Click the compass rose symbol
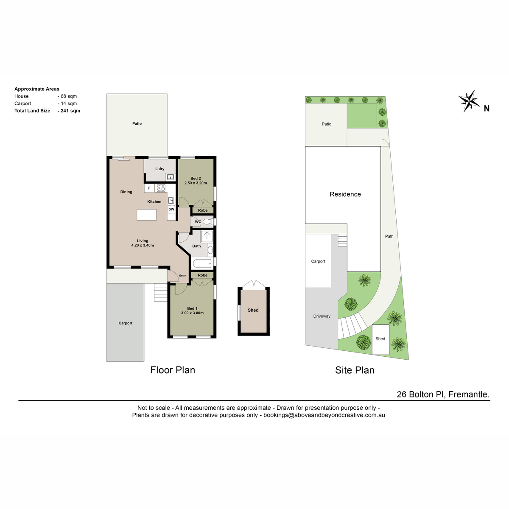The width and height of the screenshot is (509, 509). click(469, 101)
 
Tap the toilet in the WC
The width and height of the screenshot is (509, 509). click(208, 221)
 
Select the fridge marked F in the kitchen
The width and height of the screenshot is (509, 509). click(149, 188)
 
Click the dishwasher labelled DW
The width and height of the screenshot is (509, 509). click(171, 209)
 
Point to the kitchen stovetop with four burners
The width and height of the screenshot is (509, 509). click(161, 188)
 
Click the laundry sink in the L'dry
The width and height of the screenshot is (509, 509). click(171, 177)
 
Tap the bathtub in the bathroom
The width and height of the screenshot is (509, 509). click(202, 263)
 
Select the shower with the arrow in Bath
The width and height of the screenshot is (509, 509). click(207, 236)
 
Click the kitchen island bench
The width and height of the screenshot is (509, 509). click(146, 215)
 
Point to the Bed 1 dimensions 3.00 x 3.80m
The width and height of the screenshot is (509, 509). click(192, 313)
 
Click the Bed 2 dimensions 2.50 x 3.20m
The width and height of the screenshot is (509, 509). click(196, 183)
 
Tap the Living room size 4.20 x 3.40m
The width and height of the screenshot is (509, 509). click(143, 245)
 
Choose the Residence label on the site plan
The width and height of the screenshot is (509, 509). click(345, 194)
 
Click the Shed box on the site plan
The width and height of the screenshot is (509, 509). click(380, 339)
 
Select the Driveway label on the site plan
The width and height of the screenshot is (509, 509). click(322, 316)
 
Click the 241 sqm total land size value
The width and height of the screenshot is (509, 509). click(70, 111)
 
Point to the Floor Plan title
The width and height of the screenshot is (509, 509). click(173, 370)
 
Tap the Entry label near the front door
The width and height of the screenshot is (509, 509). click(182, 276)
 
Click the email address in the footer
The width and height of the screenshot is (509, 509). click(324, 415)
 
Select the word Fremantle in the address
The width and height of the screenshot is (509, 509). click(469, 394)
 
